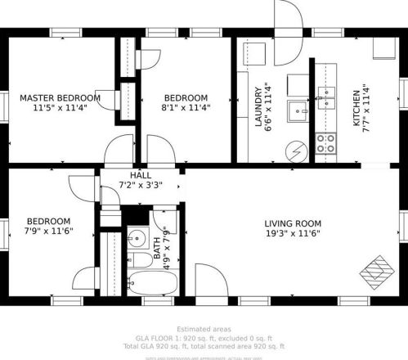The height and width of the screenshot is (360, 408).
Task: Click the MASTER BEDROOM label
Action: point(60,97)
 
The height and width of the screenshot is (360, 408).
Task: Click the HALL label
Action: point(141,175)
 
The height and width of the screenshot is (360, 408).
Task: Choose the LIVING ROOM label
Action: point(292,223)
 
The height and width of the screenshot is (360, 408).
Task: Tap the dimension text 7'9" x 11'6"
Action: point(48,232)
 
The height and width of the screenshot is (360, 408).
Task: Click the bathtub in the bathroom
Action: point(152,283)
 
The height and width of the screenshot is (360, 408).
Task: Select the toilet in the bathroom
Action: point(141,260)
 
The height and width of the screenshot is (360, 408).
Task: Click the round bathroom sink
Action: point(135,240)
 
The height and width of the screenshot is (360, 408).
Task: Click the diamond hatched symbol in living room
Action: point(379,268)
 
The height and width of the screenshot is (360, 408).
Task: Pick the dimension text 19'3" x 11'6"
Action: point(292,233)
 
